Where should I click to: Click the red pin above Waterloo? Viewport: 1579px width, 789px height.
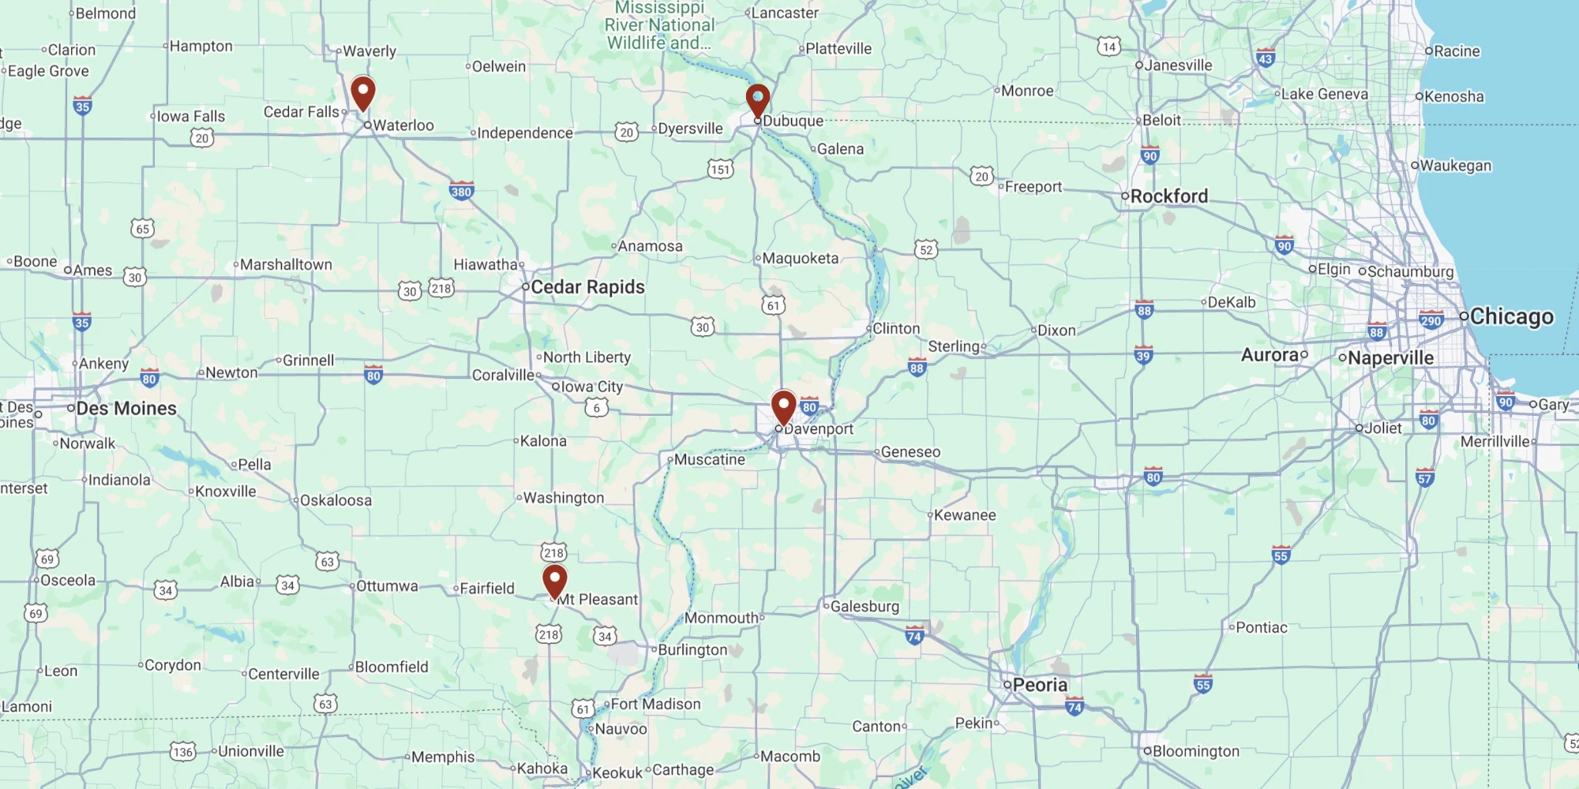tap(362, 92)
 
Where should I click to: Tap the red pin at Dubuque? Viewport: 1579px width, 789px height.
tap(758, 100)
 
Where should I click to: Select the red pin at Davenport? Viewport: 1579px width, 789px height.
tap(783, 406)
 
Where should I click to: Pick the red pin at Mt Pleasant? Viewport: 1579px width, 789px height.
tap(555, 581)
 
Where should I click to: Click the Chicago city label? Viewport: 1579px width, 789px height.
tap(1511, 316)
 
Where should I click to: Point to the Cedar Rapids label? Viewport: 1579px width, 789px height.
tap(587, 287)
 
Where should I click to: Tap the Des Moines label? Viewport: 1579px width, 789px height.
tap(126, 408)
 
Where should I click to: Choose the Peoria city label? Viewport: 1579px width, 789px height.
tap(1040, 685)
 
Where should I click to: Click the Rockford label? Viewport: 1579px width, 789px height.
tap(1168, 196)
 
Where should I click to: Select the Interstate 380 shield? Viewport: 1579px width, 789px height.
tap(461, 191)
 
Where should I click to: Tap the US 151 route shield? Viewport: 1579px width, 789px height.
tap(720, 169)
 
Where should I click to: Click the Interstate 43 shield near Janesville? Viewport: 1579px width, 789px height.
tap(1266, 58)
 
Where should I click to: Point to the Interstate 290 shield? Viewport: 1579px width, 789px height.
tap(1431, 320)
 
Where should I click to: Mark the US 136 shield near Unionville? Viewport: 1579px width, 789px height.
tap(183, 751)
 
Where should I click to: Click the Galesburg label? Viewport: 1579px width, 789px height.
tap(865, 606)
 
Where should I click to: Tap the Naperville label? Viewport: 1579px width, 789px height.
tap(1390, 357)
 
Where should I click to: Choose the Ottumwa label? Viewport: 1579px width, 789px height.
tap(387, 586)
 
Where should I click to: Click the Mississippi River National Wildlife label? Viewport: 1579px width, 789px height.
tap(659, 25)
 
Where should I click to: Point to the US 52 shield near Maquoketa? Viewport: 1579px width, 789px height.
tap(926, 250)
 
